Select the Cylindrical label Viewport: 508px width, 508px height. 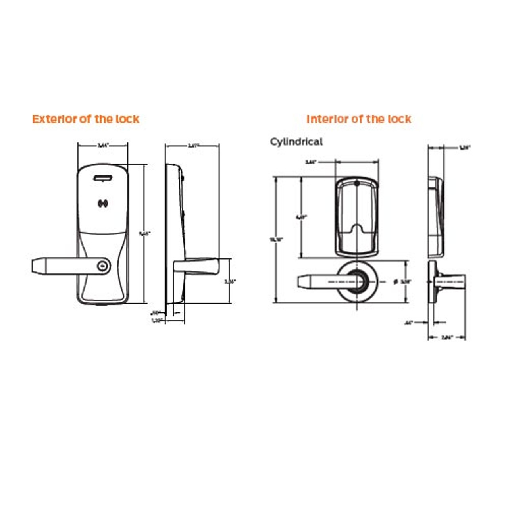tap(296, 142)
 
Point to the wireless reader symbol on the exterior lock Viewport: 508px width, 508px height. tap(103, 204)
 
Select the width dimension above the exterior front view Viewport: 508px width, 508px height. tap(103, 146)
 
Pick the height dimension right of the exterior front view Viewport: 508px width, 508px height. tap(144, 233)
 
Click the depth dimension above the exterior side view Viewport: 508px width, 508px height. tap(192, 146)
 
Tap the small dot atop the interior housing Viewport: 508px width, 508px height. tap(357, 184)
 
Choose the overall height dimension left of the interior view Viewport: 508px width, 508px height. tap(274, 239)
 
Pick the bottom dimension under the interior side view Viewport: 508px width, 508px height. tap(446, 338)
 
